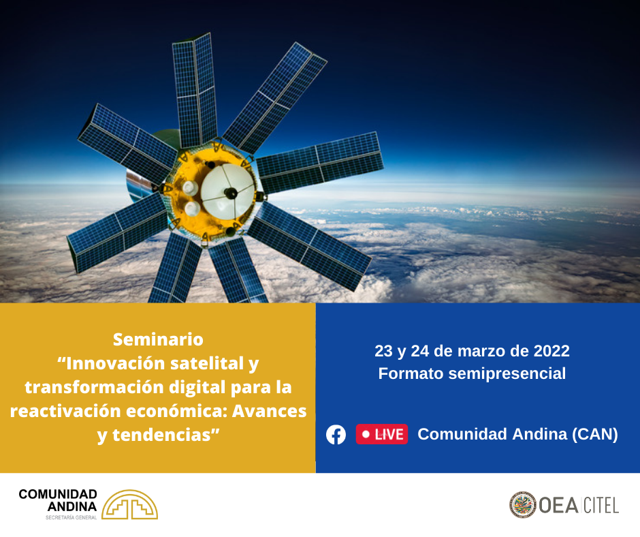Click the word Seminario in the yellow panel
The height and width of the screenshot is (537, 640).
pyautogui.click(x=158, y=339)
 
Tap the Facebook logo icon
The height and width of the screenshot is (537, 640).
pyautogui.click(x=336, y=434)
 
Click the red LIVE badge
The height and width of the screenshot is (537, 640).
pyautogui.click(x=382, y=434)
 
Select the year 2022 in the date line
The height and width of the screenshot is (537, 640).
pyautogui.click(x=551, y=351)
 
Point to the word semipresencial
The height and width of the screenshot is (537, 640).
pyautogui.click(x=507, y=374)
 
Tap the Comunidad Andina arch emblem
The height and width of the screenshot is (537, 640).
pyautogui.click(x=130, y=504)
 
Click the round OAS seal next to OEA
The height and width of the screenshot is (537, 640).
pyautogui.click(x=522, y=505)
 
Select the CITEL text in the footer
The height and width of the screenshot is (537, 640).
pyautogui.click(x=601, y=506)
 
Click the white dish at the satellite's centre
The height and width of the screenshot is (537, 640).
pyautogui.click(x=227, y=191)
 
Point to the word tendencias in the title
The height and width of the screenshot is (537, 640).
pyautogui.click(x=161, y=435)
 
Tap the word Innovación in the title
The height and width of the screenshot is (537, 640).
pyautogui.click(x=116, y=363)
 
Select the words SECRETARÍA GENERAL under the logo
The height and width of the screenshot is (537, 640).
pyautogui.click(x=71, y=517)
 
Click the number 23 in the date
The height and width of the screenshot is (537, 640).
pyautogui.click(x=383, y=351)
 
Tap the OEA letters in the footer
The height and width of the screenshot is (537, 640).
pyautogui.click(x=558, y=506)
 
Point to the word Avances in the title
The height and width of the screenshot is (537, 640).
pyautogui.click(x=270, y=411)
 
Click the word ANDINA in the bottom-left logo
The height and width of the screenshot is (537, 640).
pyautogui.click(x=72, y=507)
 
